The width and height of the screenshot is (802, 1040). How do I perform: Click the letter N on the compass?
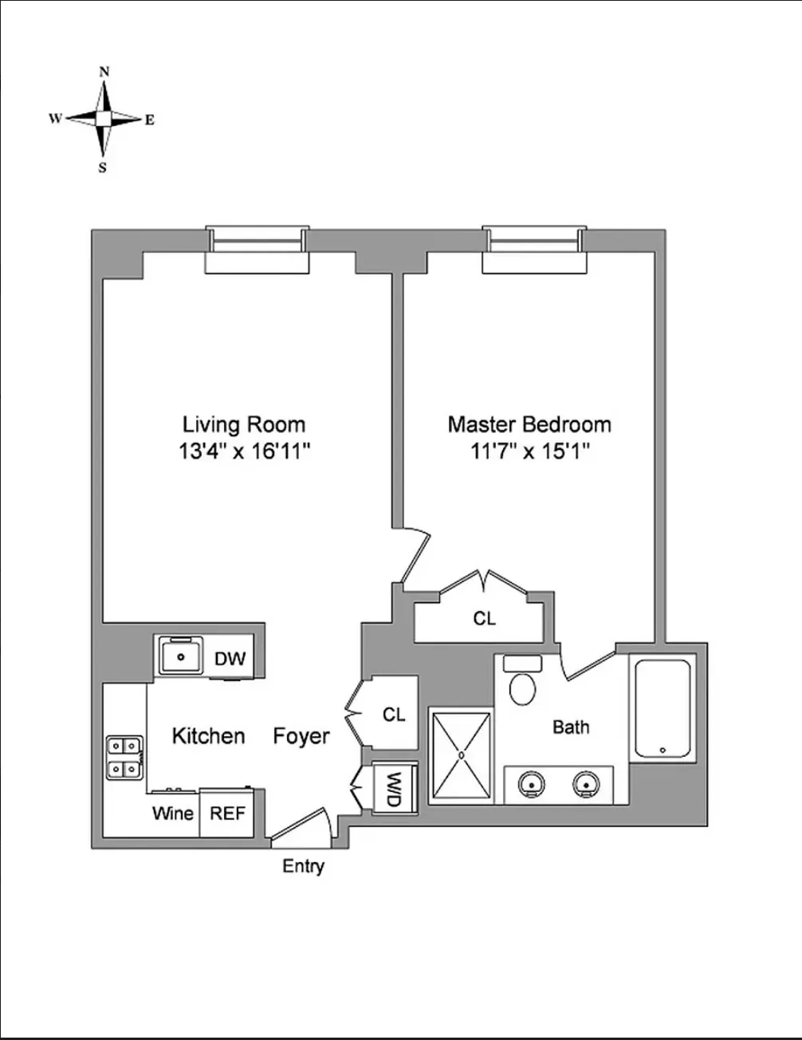point(104,72)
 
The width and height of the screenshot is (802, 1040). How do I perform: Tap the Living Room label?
point(244,423)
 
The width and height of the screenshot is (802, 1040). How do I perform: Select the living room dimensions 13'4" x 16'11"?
point(244,451)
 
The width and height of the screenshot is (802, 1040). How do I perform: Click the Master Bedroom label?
point(529,423)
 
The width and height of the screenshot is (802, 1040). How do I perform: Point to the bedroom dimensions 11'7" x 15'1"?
point(529,451)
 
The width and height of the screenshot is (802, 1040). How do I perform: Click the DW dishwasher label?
point(230,659)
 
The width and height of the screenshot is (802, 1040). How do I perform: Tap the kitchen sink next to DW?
point(182,656)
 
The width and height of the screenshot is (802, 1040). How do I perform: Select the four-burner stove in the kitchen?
point(124,757)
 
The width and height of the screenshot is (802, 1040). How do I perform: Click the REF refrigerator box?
point(226,813)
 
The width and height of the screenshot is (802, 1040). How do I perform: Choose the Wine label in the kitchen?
point(173,813)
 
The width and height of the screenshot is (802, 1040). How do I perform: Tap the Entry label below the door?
point(303,866)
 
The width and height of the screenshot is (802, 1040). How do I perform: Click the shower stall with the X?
point(461,754)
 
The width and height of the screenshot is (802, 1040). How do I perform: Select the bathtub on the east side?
point(661,707)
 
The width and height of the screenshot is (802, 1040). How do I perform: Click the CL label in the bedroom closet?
point(484,618)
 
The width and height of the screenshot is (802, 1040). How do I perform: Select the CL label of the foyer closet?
point(394,715)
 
